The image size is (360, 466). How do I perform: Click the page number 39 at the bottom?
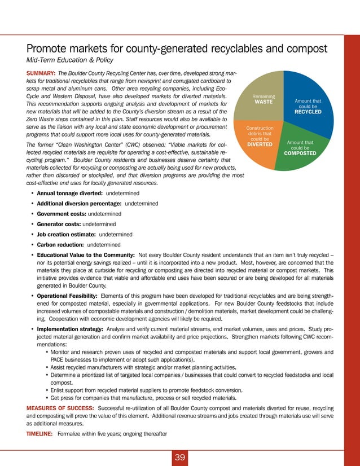coord(180,457)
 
